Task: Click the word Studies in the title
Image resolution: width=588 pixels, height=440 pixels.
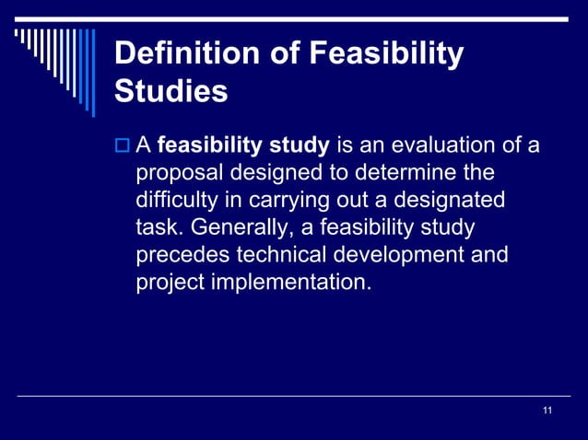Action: click(x=170, y=92)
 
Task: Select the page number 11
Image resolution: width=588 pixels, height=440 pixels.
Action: click(x=548, y=410)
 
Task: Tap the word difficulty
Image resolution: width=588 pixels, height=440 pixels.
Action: click(x=175, y=200)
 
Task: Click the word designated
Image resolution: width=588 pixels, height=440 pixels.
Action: click(x=449, y=200)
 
